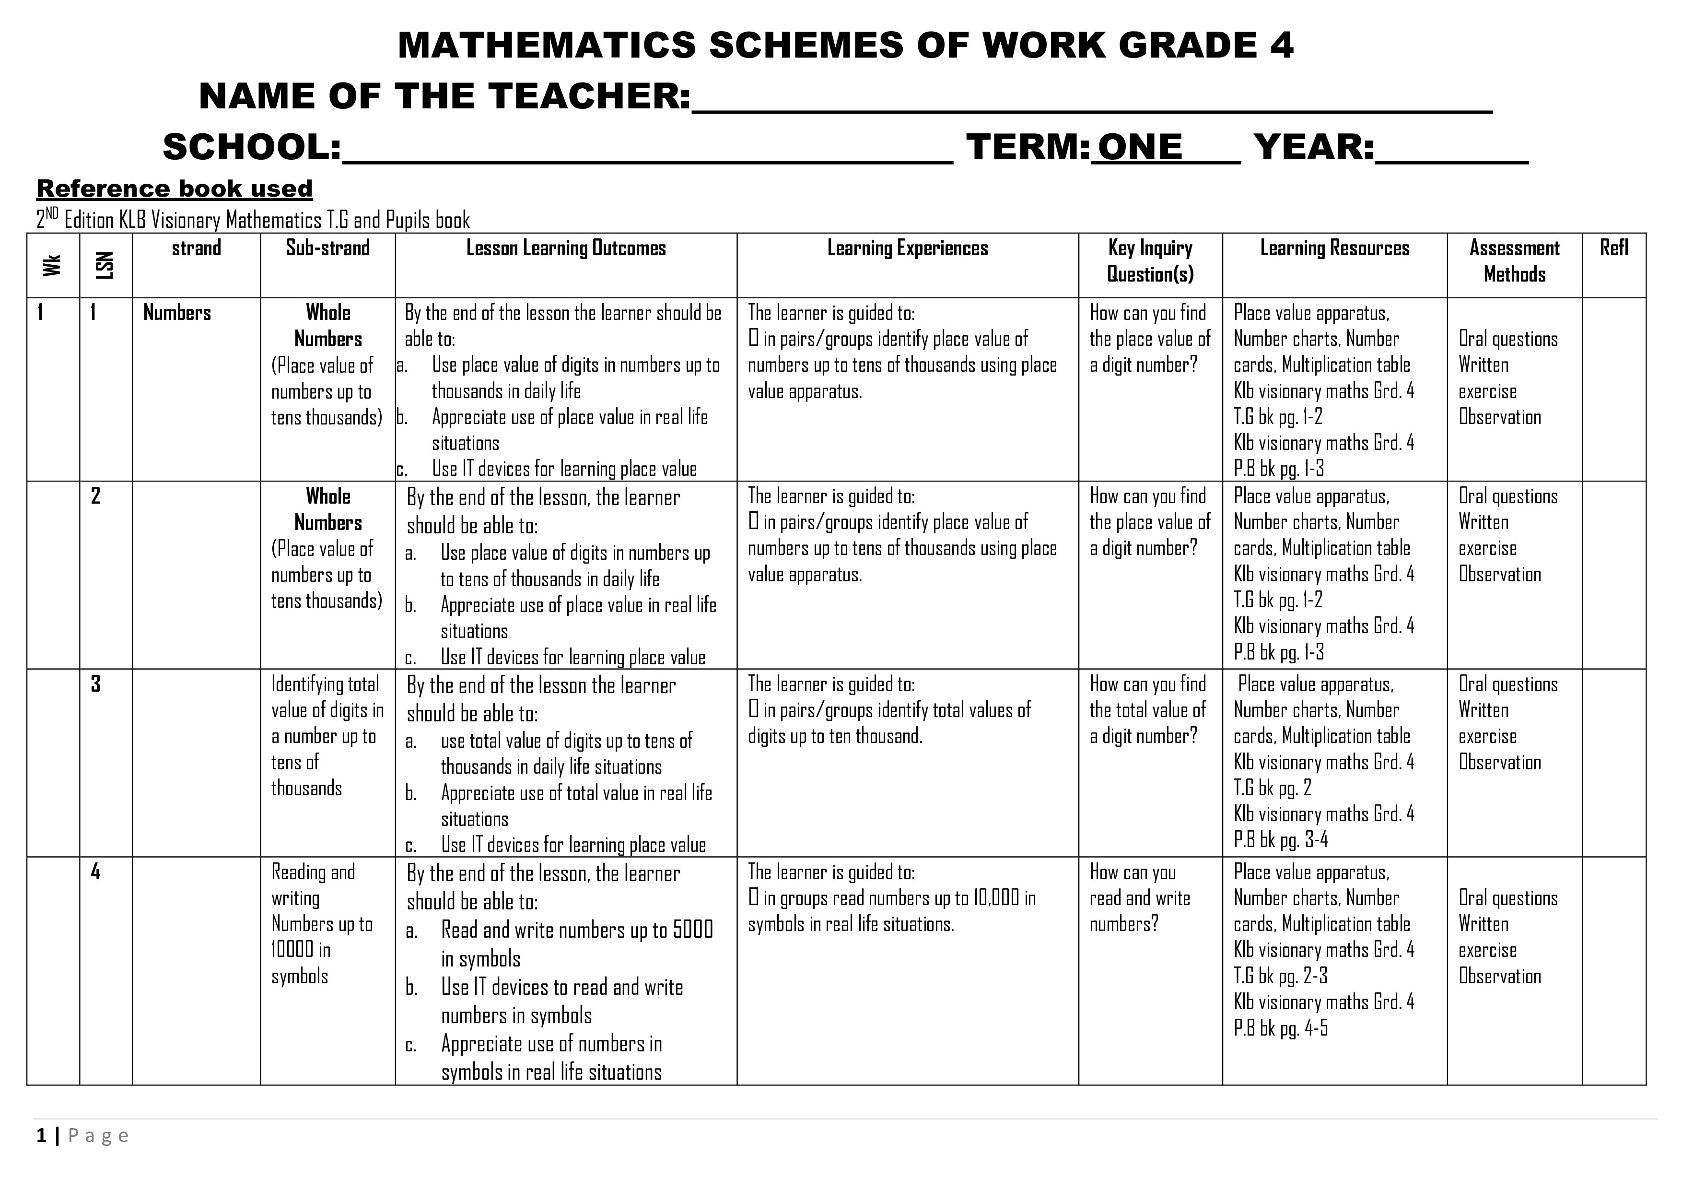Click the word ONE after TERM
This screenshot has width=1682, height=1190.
click(1139, 147)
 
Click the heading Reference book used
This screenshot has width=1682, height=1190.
click(175, 189)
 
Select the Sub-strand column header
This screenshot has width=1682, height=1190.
click(327, 248)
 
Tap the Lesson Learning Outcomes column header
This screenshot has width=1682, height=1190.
click(566, 248)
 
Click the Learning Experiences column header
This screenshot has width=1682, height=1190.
click(907, 248)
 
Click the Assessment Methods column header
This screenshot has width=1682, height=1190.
click(1514, 261)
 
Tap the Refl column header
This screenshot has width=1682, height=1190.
click(1614, 248)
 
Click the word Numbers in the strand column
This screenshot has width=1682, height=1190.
click(176, 313)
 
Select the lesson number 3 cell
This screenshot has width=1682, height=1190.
click(95, 683)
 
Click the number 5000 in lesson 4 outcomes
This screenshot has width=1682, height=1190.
click(692, 930)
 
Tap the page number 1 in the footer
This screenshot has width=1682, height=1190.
click(41, 1136)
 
